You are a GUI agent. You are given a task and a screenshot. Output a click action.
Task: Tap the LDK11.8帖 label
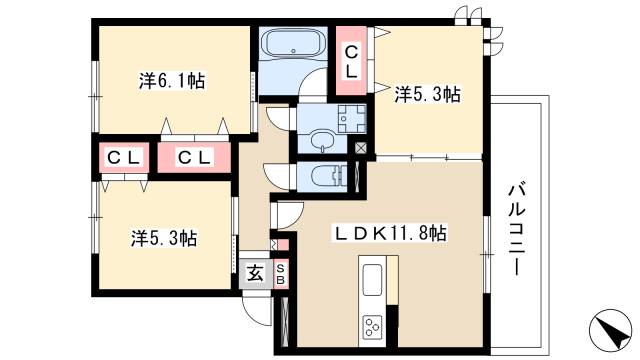point(389,233)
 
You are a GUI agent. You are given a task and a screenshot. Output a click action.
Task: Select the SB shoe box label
point(281,274)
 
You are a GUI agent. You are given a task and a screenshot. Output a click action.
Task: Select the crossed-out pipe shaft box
point(361,147)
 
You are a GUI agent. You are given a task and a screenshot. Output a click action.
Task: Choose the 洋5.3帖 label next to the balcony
point(428,95)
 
